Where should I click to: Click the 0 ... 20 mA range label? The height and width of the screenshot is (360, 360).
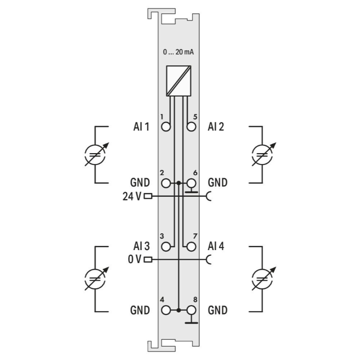(179, 52)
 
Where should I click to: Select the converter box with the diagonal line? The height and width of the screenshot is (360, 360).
(179, 81)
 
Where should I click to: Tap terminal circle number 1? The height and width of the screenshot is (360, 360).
(166, 127)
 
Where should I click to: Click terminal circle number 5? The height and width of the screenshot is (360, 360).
(191, 127)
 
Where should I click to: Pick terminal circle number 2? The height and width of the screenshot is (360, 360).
(166, 183)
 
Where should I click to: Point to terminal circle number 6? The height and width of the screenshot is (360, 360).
(191, 183)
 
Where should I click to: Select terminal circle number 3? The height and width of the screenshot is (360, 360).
(166, 247)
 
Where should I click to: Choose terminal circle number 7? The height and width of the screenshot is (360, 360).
(191, 247)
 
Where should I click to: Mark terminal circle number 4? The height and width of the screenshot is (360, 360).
(166, 311)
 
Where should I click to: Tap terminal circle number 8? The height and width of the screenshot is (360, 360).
(191, 311)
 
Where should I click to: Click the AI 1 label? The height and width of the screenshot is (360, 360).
(142, 127)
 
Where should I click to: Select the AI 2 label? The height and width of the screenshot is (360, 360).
(216, 127)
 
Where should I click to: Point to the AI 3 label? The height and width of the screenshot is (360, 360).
(142, 246)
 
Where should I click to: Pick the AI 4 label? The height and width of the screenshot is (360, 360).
(216, 246)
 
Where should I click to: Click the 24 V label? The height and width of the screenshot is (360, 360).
(132, 196)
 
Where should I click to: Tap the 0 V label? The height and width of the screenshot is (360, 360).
(134, 259)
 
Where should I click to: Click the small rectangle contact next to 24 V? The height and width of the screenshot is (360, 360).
(148, 196)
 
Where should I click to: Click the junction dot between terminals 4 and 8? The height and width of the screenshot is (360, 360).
(179, 311)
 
